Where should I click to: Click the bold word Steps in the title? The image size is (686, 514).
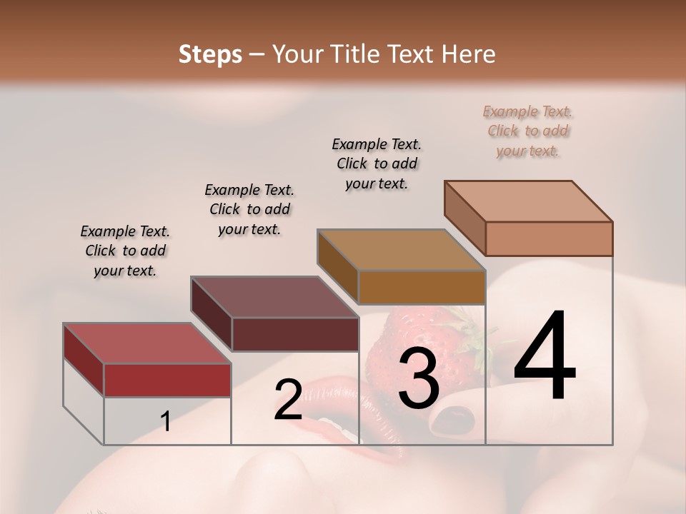pyautogui.click(x=210, y=54)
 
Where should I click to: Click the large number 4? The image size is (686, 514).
pyautogui.click(x=545, y=356)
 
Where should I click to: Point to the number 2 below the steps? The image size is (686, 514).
pyautogui.click(x=288, y=400)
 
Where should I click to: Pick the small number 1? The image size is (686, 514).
pyautogui.click(x=166, y=422)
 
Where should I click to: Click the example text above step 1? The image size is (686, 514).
pyautogui.click(x=125, y=251)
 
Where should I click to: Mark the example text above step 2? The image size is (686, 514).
pyautogui.click(x=249, y=209)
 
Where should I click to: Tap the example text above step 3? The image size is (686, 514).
pyautogui.click(x=377, y=163)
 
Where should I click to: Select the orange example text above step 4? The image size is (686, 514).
pyautogui.click(x=528, y=131)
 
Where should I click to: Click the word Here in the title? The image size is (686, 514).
pyautogui.click(x=471, y=54)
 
